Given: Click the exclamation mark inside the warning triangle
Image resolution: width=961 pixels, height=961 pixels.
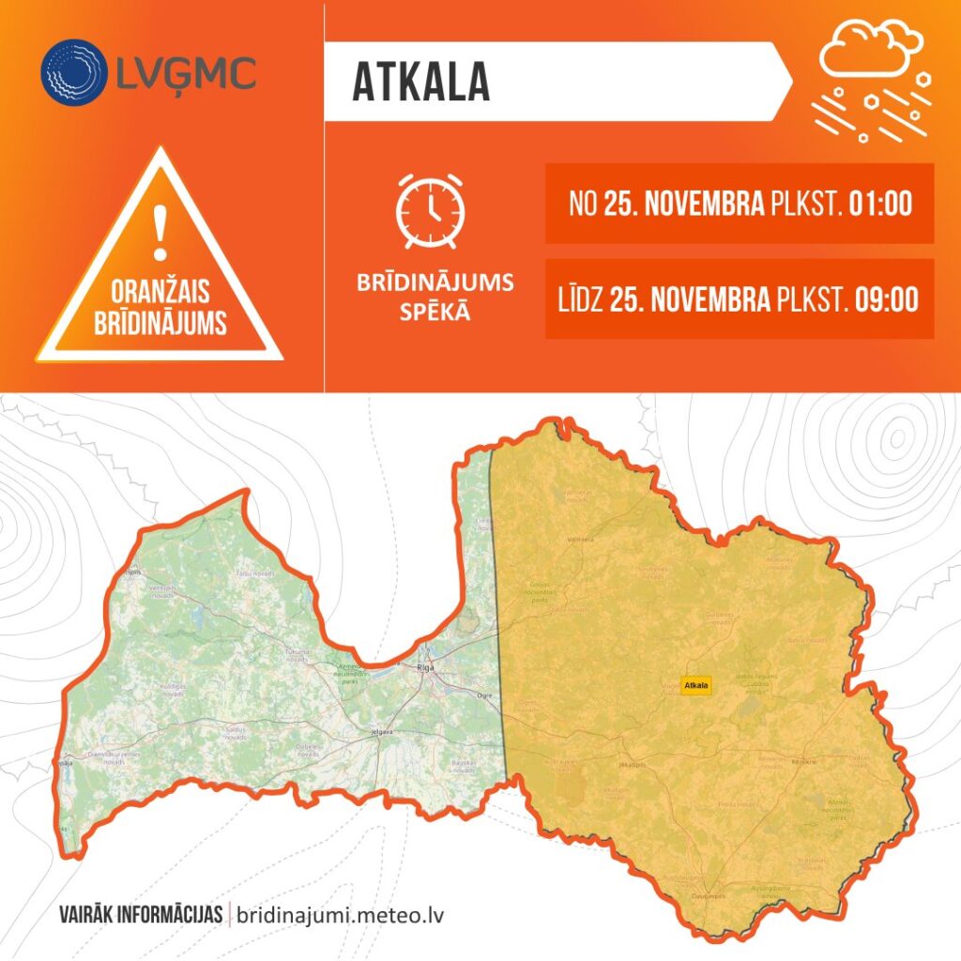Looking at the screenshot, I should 160,234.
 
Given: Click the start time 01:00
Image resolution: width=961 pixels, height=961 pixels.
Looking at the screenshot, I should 880,204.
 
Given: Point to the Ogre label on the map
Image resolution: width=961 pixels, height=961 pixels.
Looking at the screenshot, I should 484,695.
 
